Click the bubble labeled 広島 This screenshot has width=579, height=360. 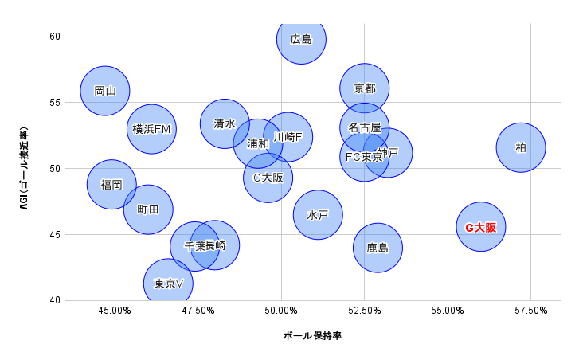point(302,38)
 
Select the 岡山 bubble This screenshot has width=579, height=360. point(105,91)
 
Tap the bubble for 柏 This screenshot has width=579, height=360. point(521,147)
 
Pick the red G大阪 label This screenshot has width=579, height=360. point(481,228)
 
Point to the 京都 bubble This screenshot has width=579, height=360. point(364,88)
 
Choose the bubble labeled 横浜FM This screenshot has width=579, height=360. point(151,129)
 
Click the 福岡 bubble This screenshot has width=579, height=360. point(111,185)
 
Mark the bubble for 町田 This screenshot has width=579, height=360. point(148,210)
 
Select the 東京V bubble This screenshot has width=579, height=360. point(169,284)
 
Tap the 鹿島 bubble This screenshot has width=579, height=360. point(378,248)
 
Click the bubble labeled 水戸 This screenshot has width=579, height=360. point(318,215)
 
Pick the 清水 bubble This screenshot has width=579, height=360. point(225,123)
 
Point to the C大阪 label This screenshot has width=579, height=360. point(268,178)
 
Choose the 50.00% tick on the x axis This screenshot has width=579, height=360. point(281,311)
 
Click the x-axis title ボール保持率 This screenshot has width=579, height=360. point(313,336)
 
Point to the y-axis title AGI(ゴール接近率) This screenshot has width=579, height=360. point(24,169)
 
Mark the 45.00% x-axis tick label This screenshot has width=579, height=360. point(115,311)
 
